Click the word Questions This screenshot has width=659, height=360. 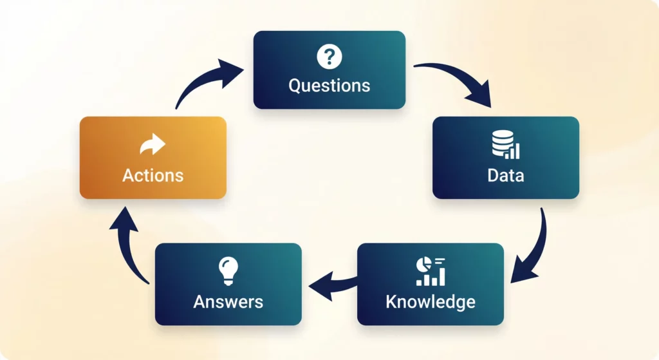(x=329, y=85)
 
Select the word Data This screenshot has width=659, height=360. (x=505, y=175)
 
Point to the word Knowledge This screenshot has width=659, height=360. (x=430, y=301)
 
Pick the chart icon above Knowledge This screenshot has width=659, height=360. (x=431, y=272)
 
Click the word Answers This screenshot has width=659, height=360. (x=228, y=301)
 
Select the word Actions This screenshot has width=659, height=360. (x=153, y=175)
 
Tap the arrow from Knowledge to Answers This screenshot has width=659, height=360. (x=331, y=283)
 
